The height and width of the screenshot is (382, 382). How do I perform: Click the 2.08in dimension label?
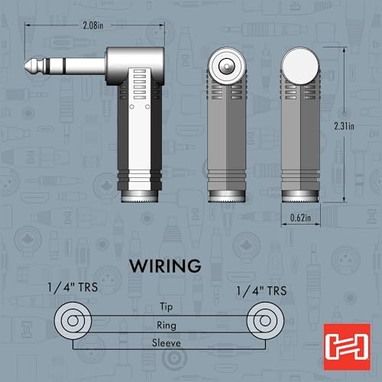(x=93, y=25)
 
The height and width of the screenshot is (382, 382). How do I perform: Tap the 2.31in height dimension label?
(x=344, y=126)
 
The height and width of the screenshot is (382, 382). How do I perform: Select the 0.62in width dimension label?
(x=300, y=218)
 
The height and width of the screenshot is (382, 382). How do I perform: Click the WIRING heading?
(x=165, y=266)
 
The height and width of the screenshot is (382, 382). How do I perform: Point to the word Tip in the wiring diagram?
(x=166, y=307)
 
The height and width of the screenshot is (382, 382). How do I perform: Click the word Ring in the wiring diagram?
(x=167, y=325)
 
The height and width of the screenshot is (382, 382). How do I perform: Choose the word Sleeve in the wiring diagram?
(x=167, y=343)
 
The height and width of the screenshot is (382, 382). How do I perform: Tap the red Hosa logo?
(x=347, y=347)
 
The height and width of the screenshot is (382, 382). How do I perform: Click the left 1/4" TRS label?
(x=73, y=287)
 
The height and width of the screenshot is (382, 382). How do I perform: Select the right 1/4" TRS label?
(x=262, y=291)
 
